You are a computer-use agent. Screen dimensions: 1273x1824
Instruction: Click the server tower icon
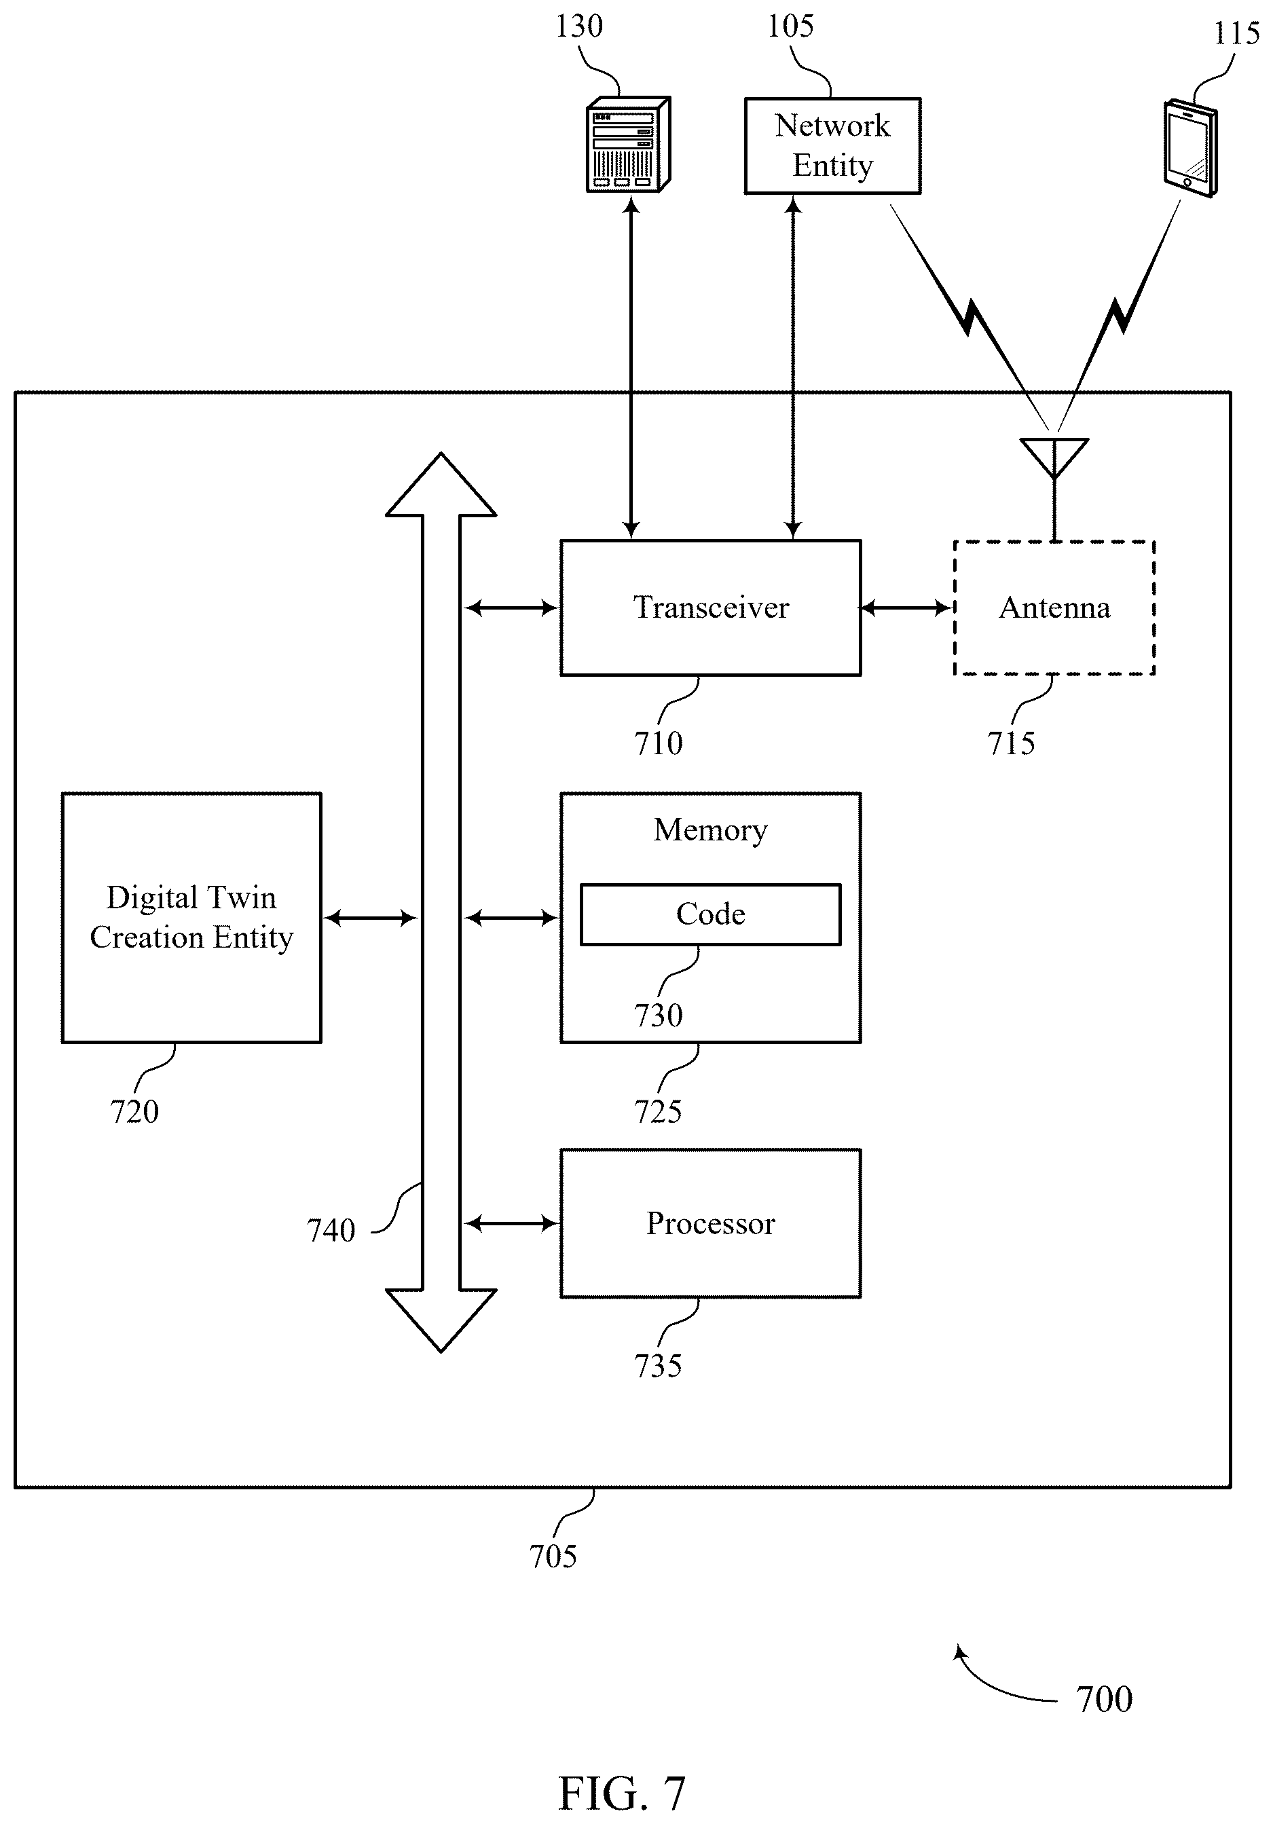pos(628,144)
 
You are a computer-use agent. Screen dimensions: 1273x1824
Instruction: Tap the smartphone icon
pos(1190,148)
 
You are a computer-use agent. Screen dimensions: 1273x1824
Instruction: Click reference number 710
pos(658,743)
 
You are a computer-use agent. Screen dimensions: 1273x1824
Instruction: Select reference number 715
pos(1011,743)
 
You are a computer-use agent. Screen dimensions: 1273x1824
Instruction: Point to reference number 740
pos(331,1231)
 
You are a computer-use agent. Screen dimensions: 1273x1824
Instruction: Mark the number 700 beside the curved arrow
pos(1105,1699)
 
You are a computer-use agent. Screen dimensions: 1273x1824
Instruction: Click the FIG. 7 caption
pos(621,1793)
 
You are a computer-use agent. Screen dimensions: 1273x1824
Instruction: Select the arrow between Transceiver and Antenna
pos(906,608)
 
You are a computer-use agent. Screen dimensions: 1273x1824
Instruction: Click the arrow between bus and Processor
pos(511,1223)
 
